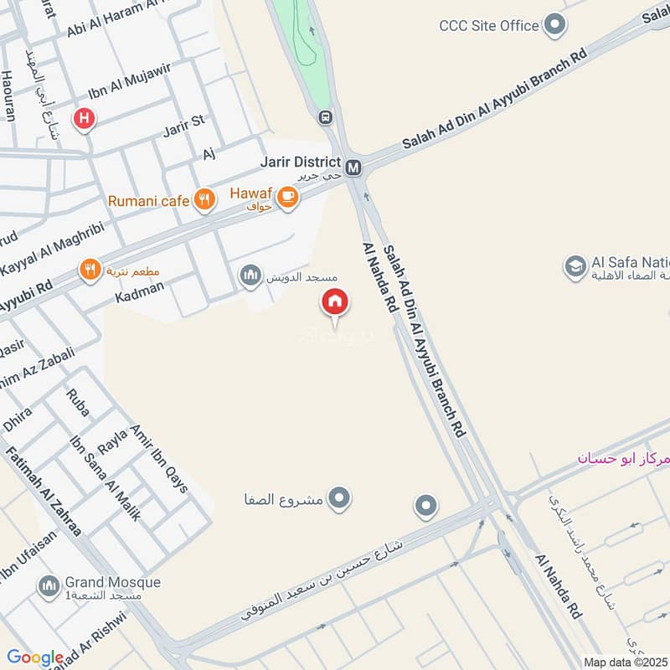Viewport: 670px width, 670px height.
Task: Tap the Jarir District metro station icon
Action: pyautogui.click(x=353, y=167)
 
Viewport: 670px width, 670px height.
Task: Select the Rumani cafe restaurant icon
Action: pyautogui.click(x=204, y=200)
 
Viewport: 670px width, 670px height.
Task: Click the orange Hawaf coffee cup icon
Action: pyautogui.click(x=287, y=196)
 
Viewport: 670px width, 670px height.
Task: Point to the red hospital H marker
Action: pyautogui.click(x=84, y=119)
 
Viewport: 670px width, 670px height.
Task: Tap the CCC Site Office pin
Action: pyautogui.click(x=554, y=25)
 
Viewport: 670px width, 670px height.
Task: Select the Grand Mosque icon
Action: pyautogui.click(x=49, y=584)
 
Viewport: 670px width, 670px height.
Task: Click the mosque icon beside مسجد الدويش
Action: pyautogui.click(x=250, y=275)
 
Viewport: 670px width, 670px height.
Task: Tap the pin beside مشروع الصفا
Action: pyautogui.click(x=339, y=499)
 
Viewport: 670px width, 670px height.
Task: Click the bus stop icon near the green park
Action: pyautogui.click(x=325, y=117)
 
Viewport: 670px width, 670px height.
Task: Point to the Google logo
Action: pyautogui.click(x=34, y=657)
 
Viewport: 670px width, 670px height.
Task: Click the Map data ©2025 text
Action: pyautogui.click(x=624, y=662)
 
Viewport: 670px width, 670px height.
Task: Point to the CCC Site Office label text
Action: pyautogui.click(x=489, y=26)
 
